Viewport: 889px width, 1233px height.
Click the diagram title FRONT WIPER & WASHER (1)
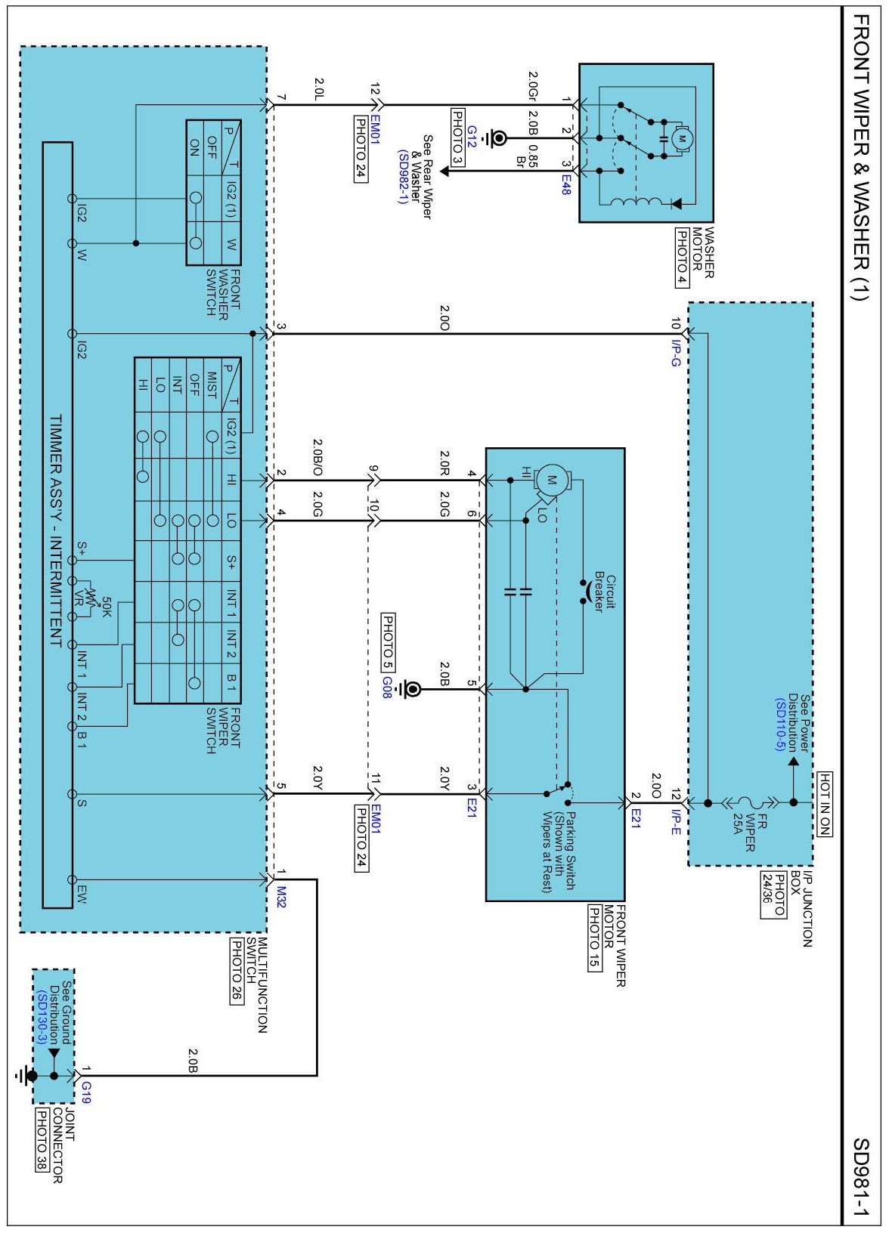pos(861,157)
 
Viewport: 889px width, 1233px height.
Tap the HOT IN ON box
pos(825,804)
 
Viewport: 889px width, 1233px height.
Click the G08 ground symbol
pos(410,688)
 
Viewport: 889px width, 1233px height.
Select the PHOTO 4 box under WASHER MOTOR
pos(682,258)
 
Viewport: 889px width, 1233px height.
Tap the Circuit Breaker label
pos(605,592)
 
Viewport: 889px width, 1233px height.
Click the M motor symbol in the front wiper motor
pos(552,480)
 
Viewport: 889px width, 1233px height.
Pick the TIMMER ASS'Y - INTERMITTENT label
pos(57,530)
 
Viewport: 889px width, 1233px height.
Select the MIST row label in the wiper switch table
pos(212,385)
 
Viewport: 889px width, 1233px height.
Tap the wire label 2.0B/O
pos(317,457)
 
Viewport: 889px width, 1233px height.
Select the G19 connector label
pos(86,1092)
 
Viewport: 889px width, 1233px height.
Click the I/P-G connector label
pos(677,352)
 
